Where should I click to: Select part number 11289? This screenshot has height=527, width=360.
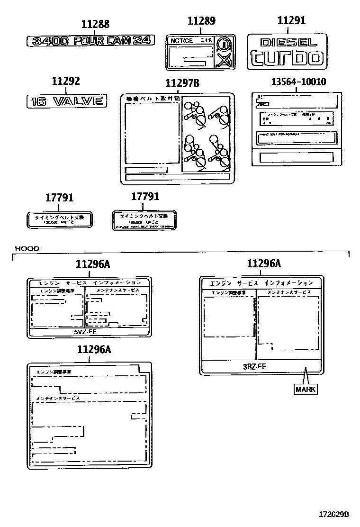click(x=201, y=20)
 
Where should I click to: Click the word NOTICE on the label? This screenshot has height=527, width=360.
click(x=181, y=41)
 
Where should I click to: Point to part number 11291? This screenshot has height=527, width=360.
click(x=291, y=20)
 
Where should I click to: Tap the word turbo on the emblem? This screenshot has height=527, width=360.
click(x=287, y=58)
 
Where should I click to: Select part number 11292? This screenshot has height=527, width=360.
click(x=66, y=82)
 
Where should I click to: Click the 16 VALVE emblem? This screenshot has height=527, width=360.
click(x=65, y=100)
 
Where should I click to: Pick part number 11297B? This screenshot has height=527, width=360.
click(x=182, y=83)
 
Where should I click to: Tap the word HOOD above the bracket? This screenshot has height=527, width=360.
click(x=27, y=248)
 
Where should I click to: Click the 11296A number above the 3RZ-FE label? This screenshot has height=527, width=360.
click(x=264, y=264)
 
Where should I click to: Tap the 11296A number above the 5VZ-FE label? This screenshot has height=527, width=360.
click(x=93, y=264)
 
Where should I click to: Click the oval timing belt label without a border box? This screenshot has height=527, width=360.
click(x=60, y=219)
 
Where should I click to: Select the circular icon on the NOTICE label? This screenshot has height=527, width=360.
click(x=224, y=45)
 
